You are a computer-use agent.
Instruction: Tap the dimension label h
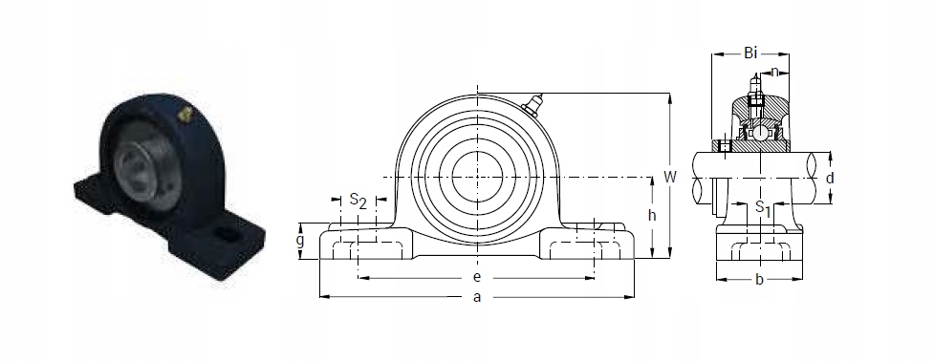[651, 216]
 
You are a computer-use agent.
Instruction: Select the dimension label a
[476, 298]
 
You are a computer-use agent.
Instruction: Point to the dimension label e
[476, 278]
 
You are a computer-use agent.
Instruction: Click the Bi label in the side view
[750, 53]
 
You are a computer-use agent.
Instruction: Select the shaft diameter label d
[830, 178]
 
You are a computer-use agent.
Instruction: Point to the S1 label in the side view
[761, 206]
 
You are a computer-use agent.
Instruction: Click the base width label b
[758, 279]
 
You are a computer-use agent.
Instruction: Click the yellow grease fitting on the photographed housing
[185, 115]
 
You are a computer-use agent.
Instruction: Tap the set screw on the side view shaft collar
[726, 146]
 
